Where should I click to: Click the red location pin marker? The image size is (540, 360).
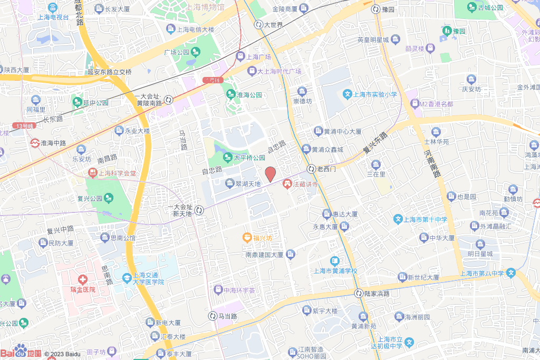(271, 173)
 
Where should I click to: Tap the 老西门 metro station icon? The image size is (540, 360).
(312, 169)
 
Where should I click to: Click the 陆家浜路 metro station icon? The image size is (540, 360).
(359, 293)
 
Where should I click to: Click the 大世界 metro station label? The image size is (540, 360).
(273, 24)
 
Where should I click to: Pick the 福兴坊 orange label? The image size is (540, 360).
(262, 238)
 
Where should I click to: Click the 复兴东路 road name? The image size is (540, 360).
(375, 143)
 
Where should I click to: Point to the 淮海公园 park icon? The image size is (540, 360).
(230, 95)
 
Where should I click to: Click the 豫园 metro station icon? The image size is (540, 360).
(375, 9)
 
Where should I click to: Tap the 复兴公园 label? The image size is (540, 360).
(89, 199)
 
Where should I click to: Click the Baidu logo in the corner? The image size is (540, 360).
(21, 352)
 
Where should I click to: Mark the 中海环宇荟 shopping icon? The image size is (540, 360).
(218, 290)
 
